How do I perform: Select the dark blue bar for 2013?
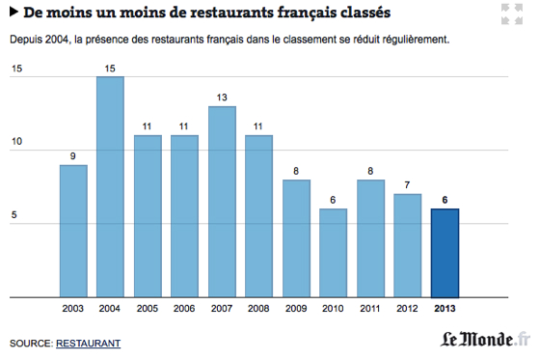point(445,252)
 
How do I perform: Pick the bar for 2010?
point(333,252)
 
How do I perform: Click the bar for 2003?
point(73,231)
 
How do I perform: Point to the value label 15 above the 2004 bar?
point(111,68)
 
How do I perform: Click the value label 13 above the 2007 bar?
point(222,97)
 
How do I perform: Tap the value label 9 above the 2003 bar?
point(73,156)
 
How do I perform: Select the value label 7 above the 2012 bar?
point(407,185)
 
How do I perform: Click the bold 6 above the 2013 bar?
point(445,200)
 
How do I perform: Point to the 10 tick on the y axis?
point(16,142)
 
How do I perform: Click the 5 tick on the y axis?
point(14,216)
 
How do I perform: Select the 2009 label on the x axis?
point(296,309)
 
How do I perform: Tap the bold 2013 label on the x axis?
point(445,309)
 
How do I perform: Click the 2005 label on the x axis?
point(148,309)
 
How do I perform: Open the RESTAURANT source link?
point(88,343)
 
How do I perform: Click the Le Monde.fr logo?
point(486,340)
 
